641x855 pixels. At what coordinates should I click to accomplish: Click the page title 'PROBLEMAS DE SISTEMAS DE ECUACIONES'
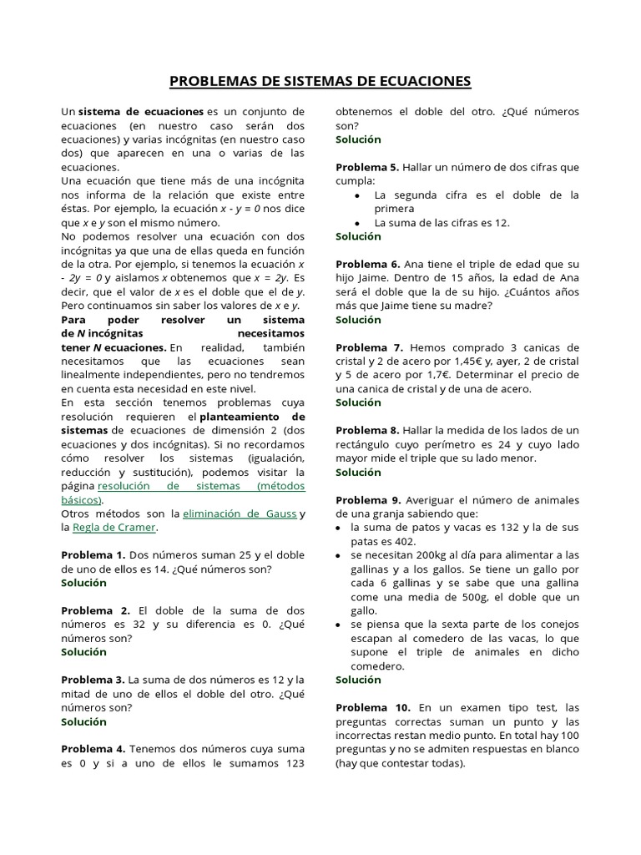coord(320,81)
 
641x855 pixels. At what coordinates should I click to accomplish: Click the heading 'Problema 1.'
coord(93,554)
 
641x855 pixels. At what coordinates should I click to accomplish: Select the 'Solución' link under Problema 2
coord(83,651)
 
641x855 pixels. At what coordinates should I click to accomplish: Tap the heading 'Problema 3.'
coord(93,680)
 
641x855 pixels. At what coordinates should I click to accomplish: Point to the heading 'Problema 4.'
coord(93,749)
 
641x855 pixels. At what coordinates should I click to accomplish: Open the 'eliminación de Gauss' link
coord(240,514)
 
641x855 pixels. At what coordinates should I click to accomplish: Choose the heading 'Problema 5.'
coord(367,167)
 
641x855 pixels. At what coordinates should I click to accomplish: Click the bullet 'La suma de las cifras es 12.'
coord(442,223)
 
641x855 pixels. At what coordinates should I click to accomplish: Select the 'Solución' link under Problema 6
coord(358,319)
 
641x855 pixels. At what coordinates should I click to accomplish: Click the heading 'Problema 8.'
coord(367,430)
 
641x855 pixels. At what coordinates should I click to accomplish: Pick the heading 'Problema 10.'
coord(371,707)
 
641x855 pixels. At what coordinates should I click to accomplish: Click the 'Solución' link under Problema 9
coord(358,680)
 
